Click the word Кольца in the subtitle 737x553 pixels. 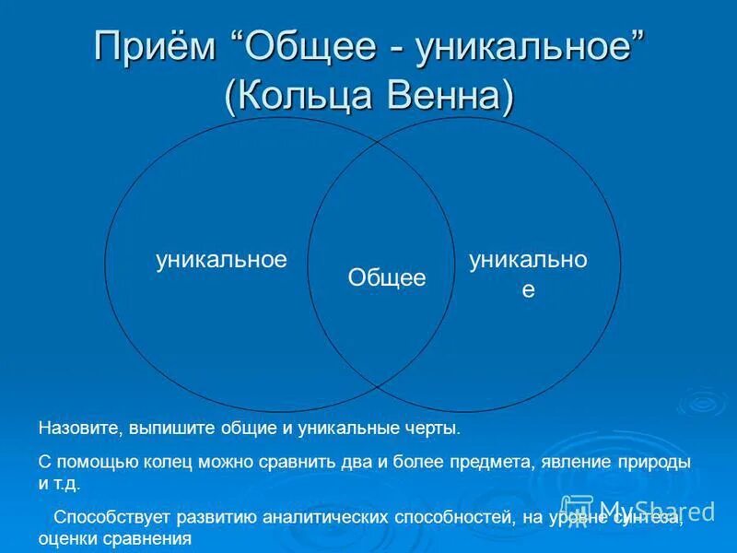[303, 95]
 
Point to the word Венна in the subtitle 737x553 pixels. [447, 95]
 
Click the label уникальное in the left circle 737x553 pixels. [221, 260]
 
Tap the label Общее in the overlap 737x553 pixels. [387, 277]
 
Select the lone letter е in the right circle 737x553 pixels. [528, 288]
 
